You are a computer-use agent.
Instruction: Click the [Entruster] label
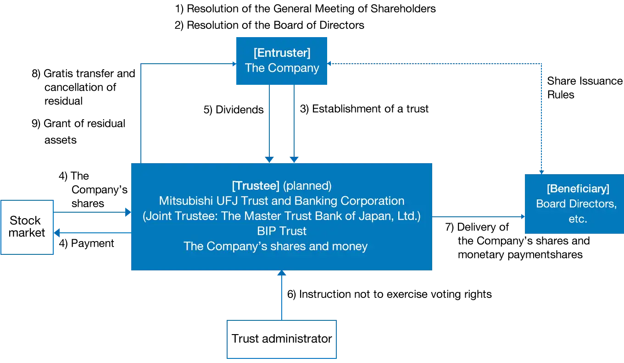click(282, 53)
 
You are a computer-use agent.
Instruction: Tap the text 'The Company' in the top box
click(282, 68)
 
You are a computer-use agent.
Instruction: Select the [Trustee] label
click(256, 186)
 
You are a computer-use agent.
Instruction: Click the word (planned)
click(307, 186)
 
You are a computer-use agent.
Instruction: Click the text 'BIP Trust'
click(282, 231)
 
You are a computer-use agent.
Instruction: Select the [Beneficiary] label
click(578, 189)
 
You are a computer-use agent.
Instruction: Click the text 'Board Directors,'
click(576, 203)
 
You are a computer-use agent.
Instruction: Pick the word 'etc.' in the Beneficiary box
click(578, 219)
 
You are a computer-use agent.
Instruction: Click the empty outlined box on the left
click(28, 227)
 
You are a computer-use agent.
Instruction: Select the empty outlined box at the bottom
click(281, 339)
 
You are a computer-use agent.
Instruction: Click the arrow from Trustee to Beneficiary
click(477, 218)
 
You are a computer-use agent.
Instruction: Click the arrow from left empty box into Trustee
click(92, 212)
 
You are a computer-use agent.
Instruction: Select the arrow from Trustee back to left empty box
click(92, 233)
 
